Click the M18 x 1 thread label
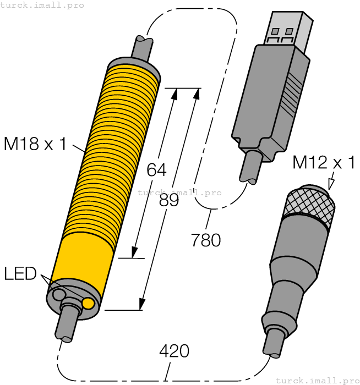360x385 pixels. coord(35,144)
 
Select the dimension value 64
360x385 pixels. coord(156,170)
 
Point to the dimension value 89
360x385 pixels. coord(170,200)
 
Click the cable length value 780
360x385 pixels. coord(206,240)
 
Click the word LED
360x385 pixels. coord(20,273)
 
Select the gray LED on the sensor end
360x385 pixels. coord(58,295)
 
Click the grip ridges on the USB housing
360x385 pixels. coord(293,93)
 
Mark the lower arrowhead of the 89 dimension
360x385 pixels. coord(142,304)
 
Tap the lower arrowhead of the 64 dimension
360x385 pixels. coord(134,252)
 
